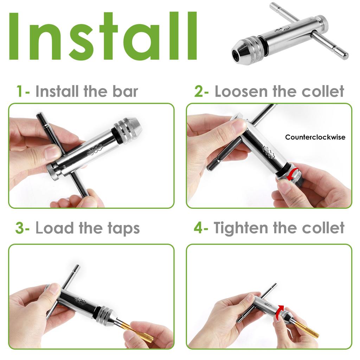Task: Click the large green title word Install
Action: (x=102, y=37)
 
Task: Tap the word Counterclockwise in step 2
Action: (x=315, y=137)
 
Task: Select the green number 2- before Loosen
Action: (x=201, y=91)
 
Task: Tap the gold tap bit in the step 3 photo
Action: (x=141, y=332)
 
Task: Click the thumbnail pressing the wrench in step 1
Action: (x=52, y=152)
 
